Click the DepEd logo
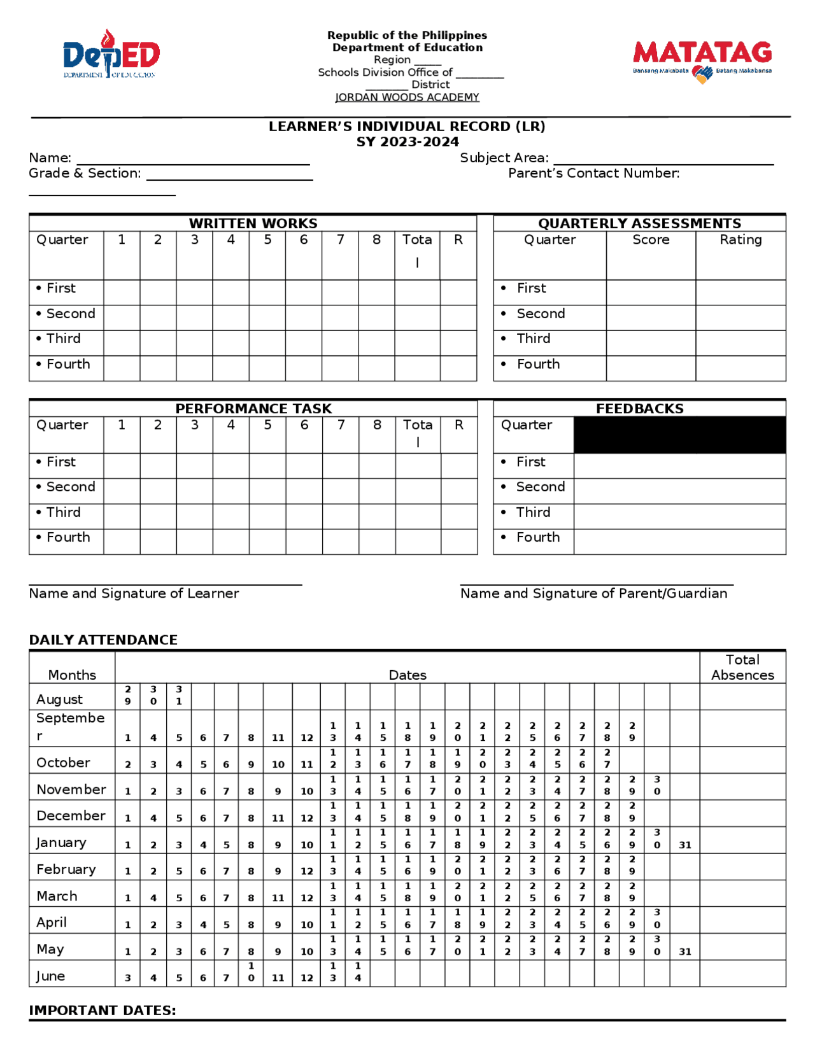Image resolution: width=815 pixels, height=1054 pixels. [111, 54]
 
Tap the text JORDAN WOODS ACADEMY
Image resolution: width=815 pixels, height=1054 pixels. [407, 97]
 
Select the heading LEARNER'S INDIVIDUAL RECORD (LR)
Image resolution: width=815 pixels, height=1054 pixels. [407, 126]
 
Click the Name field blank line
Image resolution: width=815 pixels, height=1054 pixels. [193, 159]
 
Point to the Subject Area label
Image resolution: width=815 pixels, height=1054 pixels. [504, 158]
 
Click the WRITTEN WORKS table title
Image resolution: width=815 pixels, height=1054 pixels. [253, 223]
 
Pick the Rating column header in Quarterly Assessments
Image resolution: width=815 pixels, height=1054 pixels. [741, 240]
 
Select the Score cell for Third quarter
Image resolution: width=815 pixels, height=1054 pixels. [650, 342]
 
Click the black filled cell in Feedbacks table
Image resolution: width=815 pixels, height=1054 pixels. [679, 435]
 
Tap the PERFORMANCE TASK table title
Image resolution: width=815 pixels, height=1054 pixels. [253, 409]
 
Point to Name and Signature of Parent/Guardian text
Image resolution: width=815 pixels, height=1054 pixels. [593, 593]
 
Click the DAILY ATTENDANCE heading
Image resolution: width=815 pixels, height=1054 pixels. [103, 640]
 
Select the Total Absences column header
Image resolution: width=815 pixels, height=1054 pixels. [742, 667]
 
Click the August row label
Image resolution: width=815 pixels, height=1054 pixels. [59, 699]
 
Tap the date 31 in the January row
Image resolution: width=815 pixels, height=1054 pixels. [684, 845]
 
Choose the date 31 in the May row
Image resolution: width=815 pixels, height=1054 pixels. [684, 952]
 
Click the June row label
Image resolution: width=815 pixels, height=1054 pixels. [50, 976]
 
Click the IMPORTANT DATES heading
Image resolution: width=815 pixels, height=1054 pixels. [102, 1010]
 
